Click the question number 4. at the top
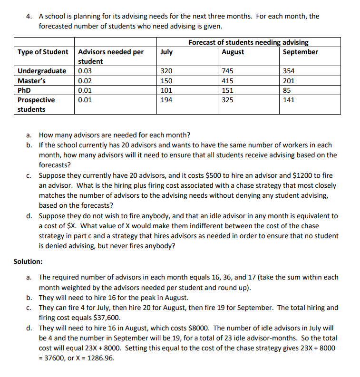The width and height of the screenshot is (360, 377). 29,16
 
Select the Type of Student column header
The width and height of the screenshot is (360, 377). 43,52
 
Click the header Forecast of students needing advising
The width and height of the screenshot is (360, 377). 248,42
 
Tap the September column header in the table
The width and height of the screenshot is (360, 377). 300,52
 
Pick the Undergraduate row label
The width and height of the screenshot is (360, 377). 42,71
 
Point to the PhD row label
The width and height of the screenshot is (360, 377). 24,90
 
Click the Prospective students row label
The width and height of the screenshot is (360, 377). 36,105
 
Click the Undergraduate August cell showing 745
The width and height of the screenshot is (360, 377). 227,71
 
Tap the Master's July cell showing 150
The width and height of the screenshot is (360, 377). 166,81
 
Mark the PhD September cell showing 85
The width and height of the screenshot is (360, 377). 287,90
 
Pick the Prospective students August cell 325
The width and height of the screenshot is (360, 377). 227,100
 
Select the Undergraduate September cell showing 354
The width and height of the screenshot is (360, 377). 289,71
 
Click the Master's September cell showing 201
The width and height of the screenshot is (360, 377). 289,81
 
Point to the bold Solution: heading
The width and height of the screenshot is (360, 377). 28,261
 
